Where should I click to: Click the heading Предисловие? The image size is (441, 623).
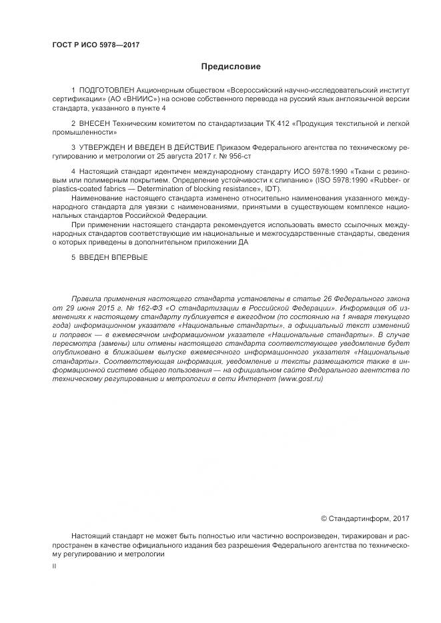tap(231, 67)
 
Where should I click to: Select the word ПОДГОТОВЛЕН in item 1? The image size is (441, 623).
tap(107, 89)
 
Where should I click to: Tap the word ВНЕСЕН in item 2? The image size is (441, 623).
tap(94, 124)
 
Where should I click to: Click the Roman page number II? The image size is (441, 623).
tap(54, 565)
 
